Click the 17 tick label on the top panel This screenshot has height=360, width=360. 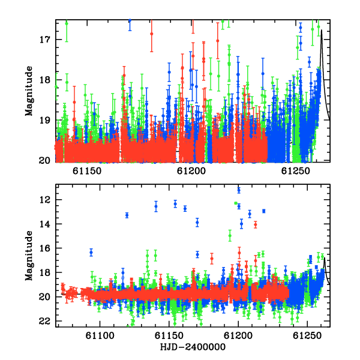tap(45, 40)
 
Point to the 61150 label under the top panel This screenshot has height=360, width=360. tap(87, 171)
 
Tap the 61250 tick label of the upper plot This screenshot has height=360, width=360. tap(295, 171)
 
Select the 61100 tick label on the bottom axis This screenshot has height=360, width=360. tap(100, 335)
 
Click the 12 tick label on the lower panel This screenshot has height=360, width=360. tap(45, 200)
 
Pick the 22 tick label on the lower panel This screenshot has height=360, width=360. tap(44, 321)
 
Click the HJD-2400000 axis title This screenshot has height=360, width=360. tap(193, 347)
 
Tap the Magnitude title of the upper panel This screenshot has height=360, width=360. tap(29, 91)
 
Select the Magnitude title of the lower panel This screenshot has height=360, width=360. tap(29, 256)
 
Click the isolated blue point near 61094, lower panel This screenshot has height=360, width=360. tap(91, 253)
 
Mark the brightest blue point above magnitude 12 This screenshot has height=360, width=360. tap(239, 190)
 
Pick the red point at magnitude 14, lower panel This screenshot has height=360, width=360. tap(256, 224)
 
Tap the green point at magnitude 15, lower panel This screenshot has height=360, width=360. tap(230, 236)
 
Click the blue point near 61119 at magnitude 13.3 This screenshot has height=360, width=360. tap(127, 215)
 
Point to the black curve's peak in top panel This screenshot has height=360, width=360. tap(322, 30)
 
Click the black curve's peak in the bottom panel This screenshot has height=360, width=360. tap(325, 258)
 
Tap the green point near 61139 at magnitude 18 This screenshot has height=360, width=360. tap(155, 273)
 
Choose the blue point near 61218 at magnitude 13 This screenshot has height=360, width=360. tap(263, 211)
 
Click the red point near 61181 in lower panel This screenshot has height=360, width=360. tap(212, 259)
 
